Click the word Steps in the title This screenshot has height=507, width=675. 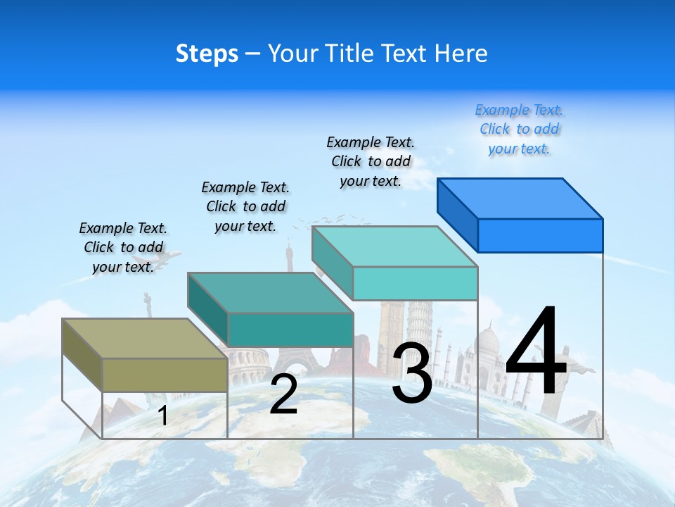tap(207, 54)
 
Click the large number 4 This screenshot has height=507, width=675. tap(536, 352)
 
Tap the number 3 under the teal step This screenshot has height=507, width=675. tap(412, 373)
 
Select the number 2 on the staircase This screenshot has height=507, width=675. tap(283, 394)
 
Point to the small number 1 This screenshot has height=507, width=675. tap(162, 415)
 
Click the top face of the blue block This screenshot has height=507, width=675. tap(520, 199)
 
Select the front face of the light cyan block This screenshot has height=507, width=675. tap(415, 283)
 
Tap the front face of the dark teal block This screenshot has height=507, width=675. tap(290, 330)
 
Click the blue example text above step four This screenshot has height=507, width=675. tap(519, 130)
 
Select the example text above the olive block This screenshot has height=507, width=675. tap(123, 247)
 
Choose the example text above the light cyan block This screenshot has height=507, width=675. tap(371, 161)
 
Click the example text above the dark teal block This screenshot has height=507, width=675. tap(245, 206)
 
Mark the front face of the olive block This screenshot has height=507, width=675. tap(165, 375)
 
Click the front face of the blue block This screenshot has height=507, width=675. tap(540, 235)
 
